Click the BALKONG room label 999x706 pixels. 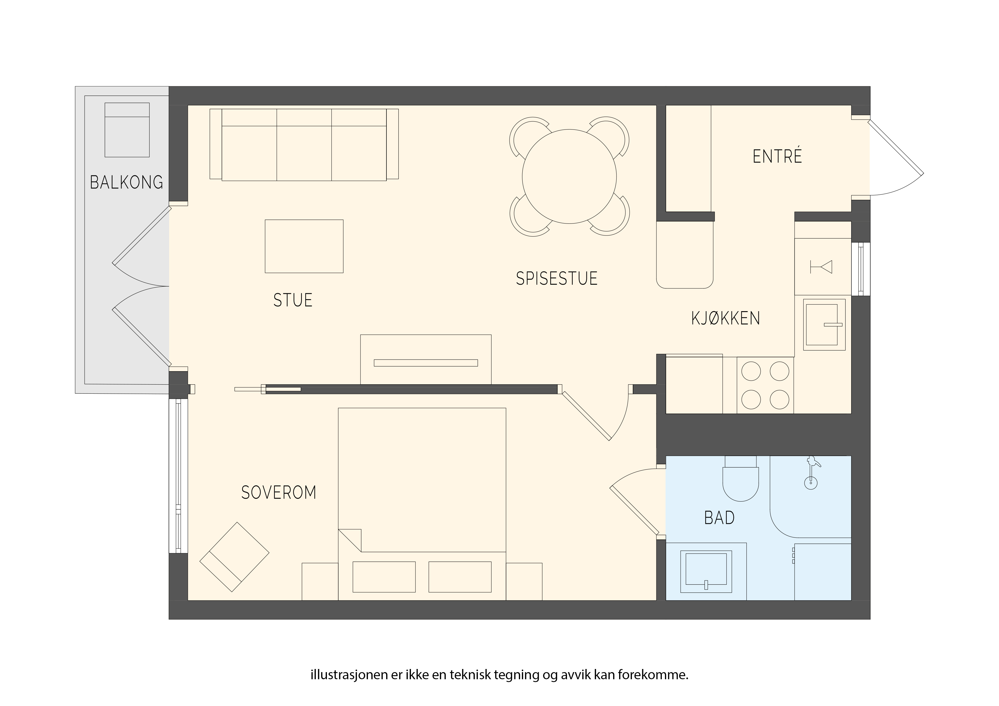(126, 182)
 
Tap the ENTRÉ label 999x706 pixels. (777, 156)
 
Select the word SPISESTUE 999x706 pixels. (556, 278)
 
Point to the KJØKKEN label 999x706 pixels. (725, 319)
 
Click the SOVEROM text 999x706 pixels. (279, 492)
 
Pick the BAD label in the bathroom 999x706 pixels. (719, 518)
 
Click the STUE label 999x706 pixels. (293, 300)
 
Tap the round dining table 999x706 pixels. (569, 176)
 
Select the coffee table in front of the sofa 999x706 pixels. (304, 246)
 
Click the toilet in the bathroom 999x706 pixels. (740, 479)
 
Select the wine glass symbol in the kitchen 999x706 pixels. (821, 267)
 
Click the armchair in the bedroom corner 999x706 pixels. (234, 557)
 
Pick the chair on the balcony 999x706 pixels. (127, 130)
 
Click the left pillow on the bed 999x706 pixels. (384, 577)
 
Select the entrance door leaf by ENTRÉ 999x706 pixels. (895, 147)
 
